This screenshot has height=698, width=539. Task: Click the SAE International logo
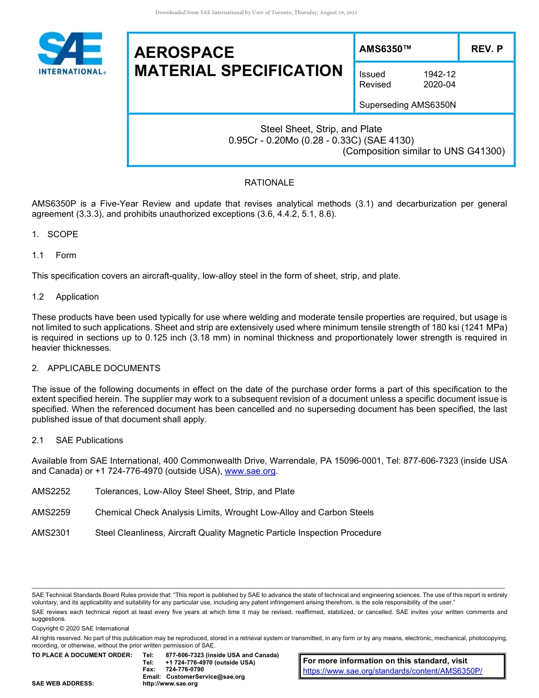(x=71, y=53)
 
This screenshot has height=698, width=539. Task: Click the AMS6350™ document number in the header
(x=385, y=49)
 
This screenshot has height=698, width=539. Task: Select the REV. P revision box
(x=486, y=49)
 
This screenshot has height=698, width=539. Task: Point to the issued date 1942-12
(x=439, y=74)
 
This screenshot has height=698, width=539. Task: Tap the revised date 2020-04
(x=439, y=85)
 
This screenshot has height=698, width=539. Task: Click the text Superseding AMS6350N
(x=408, y=105)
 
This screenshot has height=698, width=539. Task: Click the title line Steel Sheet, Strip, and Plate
(x=321, y=129)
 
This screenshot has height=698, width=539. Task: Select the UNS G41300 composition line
(x=423, y=151)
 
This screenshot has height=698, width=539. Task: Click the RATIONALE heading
(x=269, y=183)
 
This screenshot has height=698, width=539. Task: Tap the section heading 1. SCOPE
(x=55, y=234)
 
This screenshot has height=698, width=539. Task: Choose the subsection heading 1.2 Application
(x=65, y=297)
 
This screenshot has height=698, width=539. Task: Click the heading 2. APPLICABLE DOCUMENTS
(x=96, y=368)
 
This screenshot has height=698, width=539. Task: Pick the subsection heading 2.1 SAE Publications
(x=77, y=440)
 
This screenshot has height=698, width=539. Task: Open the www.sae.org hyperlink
(x=250, y=471)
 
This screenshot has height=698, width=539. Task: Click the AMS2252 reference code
(x=51, y=491)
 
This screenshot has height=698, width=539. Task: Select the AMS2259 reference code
(x=51, y=512)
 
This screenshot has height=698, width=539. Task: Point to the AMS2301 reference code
(x=51, y=533)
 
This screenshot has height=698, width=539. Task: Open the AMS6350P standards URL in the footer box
(x=392, y=671)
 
